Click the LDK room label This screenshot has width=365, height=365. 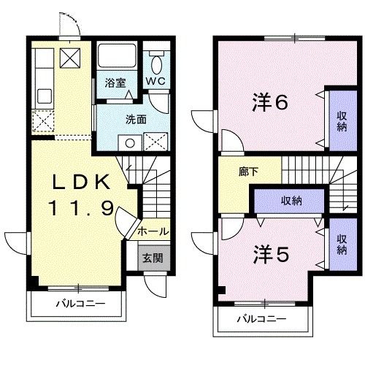81,182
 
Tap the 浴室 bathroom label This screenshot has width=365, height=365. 115,83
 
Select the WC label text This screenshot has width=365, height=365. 155,81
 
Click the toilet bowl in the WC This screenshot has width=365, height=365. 156,64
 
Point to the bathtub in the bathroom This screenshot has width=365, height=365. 117,55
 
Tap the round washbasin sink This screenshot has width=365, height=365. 130,143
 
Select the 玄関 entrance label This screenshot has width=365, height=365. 153,258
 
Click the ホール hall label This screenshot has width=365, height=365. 153,231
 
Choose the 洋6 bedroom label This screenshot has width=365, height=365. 270,102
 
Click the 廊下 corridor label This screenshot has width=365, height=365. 248,172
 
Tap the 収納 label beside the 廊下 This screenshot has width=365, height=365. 291,201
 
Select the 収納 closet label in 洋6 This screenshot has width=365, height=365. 342,121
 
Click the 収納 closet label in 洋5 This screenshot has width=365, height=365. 342,245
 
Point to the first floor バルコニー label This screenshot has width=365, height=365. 81,304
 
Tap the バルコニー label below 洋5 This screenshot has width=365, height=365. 261,319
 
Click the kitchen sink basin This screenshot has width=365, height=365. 45,96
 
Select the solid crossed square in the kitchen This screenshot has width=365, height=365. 70,58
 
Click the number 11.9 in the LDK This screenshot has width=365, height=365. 81,208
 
